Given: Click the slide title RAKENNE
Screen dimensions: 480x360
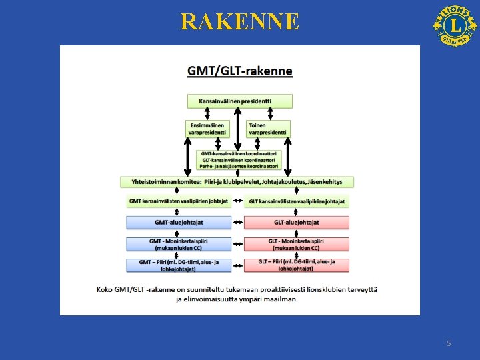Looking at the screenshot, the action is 240,22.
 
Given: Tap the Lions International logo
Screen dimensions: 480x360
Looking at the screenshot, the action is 455,25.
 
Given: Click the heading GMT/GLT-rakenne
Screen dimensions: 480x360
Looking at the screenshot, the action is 240,71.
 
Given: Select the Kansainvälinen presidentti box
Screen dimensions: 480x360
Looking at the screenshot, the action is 240,101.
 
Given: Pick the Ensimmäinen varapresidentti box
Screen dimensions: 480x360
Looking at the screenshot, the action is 208,129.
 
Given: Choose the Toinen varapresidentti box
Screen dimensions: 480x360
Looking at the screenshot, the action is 269,129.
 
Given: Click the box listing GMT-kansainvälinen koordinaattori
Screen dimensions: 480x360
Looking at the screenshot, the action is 240,160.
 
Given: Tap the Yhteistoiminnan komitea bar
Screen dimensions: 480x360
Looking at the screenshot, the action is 237,181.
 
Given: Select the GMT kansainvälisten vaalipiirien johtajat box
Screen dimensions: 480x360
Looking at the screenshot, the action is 179,201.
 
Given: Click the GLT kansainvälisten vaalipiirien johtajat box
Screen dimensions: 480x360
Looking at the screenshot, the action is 297,201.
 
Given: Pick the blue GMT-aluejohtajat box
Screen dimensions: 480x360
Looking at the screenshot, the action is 179,222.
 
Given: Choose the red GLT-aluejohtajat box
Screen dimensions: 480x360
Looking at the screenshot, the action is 297,222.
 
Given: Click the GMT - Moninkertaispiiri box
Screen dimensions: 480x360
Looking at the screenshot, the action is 179,244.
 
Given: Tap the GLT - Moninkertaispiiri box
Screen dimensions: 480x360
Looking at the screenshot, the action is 297,244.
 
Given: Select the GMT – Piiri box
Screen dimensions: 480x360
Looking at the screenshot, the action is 179,265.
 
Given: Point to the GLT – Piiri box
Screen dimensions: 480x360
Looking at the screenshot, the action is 297,265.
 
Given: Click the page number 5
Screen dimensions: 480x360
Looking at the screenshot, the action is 449,343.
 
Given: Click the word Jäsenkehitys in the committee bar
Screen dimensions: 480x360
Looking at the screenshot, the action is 330,181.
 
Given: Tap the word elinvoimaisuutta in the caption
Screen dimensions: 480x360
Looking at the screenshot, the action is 217,299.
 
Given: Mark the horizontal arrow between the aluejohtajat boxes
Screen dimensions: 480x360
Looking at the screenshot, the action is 238,222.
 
